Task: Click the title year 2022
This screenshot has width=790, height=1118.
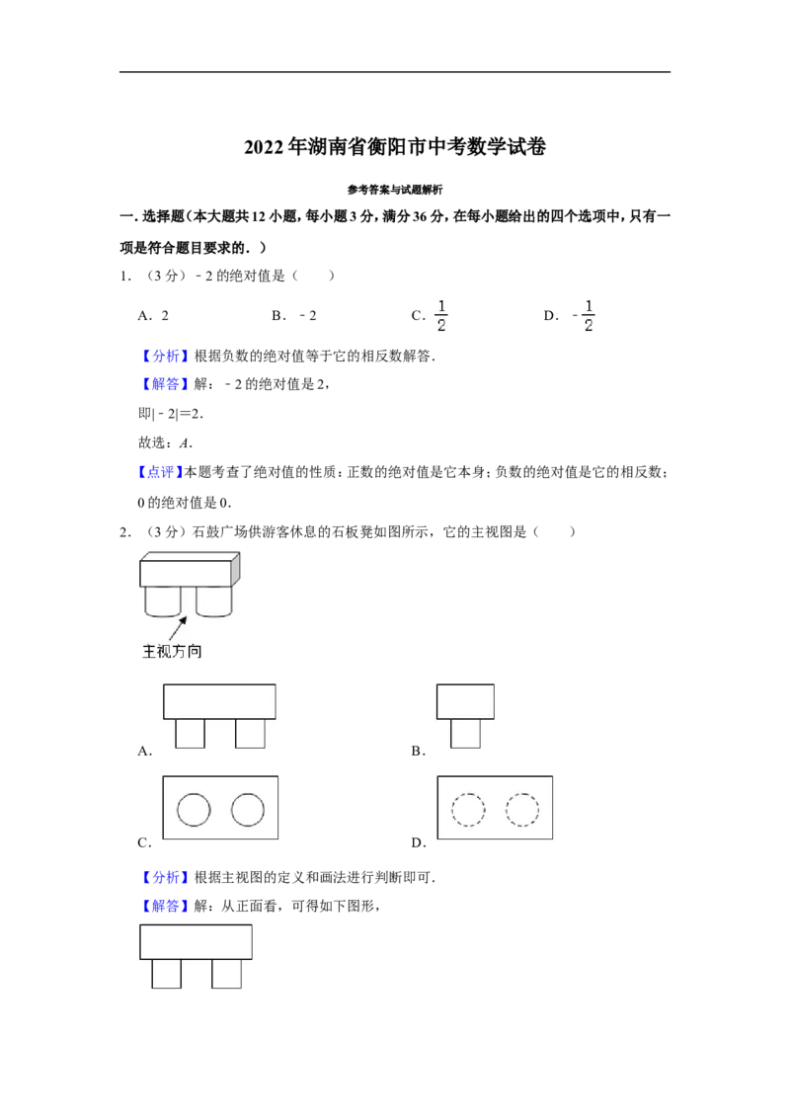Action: point(264,147)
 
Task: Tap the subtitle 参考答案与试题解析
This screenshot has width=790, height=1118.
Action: point(395,190)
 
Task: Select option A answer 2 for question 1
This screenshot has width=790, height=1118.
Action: point(165,316)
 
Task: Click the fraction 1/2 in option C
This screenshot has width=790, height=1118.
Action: point(441,315)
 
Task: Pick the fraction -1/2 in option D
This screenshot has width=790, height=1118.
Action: point(584,315)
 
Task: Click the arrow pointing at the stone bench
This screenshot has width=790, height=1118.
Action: point(178,628)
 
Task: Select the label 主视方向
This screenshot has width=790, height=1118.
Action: point(172,651)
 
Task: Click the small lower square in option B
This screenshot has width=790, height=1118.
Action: point(465,733)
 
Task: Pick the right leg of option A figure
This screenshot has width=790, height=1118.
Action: point(250,733)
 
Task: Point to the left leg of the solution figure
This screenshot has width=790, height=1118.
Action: point(167,973)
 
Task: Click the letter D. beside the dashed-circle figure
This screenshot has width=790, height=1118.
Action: point(419,842)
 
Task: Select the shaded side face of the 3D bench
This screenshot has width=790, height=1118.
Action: point(236,569)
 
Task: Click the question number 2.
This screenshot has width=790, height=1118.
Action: point(124,532)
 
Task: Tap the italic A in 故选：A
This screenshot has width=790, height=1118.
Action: point(185,442)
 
